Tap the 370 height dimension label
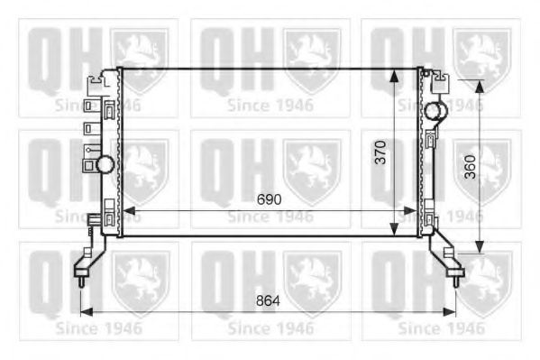click(x=381, y=152)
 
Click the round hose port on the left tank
click(x=105, y=164)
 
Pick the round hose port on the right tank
click(x=436, y=111)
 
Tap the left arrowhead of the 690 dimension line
click(x=124, y=211)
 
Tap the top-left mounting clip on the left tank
click(x=92, y=85)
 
